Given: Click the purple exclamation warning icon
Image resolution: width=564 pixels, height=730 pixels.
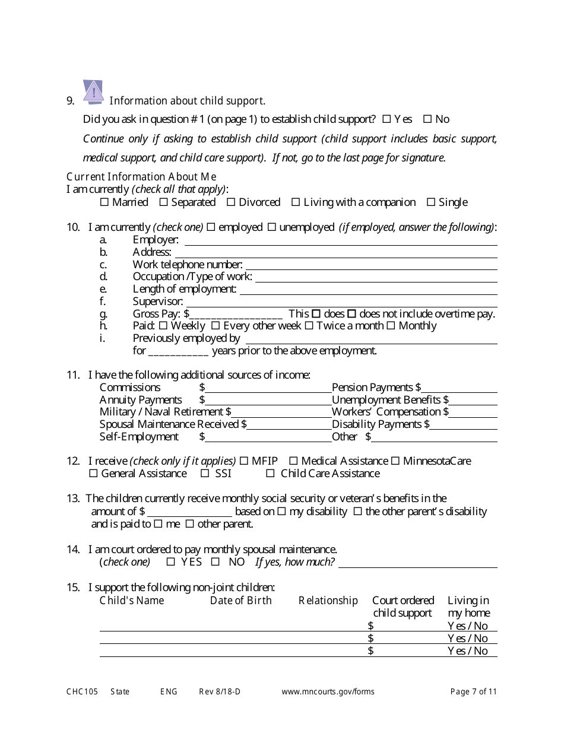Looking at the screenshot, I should [x=93, y=92].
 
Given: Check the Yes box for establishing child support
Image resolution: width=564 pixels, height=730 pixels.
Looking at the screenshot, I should [x=386, y=119].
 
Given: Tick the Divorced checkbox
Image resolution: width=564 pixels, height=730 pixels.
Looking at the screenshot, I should [x=231, y=202].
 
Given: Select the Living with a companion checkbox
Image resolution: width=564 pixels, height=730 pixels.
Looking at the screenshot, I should [x=296, y=202].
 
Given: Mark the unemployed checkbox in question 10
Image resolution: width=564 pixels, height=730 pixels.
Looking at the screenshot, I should [x=271, y=227].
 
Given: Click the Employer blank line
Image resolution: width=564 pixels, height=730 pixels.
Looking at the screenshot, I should [x=340, y=240].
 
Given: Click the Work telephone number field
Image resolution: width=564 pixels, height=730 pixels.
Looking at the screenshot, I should [x=371, y=265].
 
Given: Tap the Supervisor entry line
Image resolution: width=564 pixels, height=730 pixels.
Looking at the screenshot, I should [x=343, y=302].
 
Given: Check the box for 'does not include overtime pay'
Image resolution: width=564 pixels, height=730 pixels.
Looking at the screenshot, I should [x=351, y=314].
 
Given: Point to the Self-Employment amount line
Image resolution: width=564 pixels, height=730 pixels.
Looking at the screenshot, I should [x=268, y=437].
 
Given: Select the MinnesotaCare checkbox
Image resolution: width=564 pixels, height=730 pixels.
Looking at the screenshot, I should [x=395, y=461].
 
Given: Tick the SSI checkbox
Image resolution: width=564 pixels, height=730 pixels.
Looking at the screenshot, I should [x=205, y=474].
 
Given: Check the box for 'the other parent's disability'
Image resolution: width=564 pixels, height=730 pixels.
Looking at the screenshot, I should [x=357, y=512].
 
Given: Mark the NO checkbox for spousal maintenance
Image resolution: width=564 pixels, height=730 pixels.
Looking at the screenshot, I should [x=216, y=562].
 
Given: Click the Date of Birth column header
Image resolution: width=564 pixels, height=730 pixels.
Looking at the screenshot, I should [x=240, y=601].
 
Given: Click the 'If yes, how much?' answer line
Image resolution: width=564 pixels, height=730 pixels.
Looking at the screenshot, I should [x=417, y=563].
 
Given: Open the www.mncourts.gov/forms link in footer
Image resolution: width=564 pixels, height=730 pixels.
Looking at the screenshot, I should [x=328, y=691].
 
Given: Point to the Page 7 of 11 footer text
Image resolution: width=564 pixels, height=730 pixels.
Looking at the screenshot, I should [x=473, y=691].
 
